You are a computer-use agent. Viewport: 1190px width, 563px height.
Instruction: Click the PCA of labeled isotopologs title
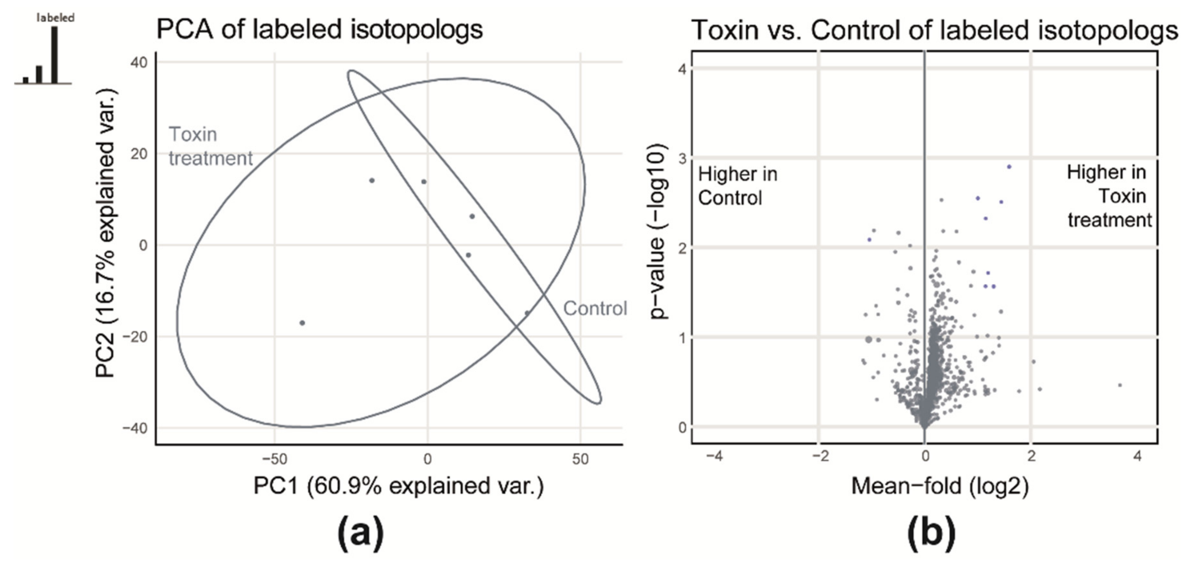click(319, 30)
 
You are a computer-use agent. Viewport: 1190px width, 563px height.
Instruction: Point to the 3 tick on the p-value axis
click(682, 158)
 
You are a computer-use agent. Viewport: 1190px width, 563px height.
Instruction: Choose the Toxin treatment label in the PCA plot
click(210, 147)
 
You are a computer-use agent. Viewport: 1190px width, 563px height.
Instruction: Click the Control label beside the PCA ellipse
click(595, 308)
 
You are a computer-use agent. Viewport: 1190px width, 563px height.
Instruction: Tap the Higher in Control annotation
click(738, 186)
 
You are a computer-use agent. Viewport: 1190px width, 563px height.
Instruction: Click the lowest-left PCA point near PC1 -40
click(302, 323)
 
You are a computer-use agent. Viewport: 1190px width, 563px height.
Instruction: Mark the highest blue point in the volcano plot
click(1009, 167)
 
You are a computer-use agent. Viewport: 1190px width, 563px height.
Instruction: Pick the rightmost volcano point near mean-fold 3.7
click(1119, 385)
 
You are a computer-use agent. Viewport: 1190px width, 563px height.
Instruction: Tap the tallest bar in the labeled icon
click(54, 54)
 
